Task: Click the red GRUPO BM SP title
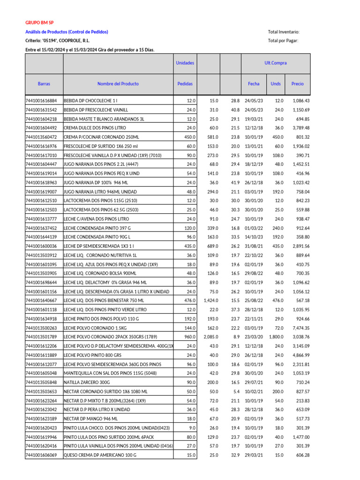coord(39,22)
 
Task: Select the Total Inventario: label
coord(283,32)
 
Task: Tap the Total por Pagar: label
coord(283,41)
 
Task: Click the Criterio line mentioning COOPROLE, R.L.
coord(58,41)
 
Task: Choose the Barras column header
coord(44,84)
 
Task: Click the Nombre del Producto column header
coord(118,84)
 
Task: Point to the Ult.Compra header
coord(275,63)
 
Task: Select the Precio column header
coord(297,84)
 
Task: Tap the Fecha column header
coord(254,84)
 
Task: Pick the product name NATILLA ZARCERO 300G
coord(88,382)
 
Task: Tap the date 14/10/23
coord(254,237)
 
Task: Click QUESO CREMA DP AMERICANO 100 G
coord(100,455)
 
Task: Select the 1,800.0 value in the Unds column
coord(276,337)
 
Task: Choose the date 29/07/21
coord(254,382)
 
